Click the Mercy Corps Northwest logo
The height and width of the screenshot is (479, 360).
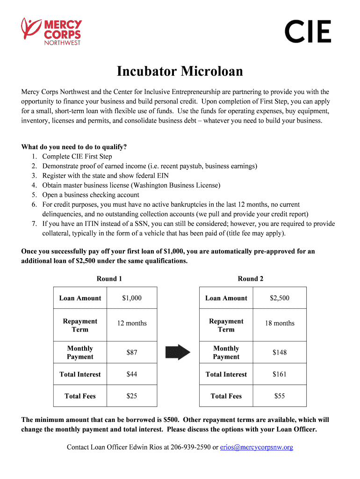tap(51, 31)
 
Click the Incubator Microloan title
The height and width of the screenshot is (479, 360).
tap(180, 72)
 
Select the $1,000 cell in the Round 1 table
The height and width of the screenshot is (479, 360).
tap(132, 298)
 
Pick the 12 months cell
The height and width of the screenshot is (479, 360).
tap(132, 323)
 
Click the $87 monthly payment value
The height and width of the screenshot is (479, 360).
tap(132, 352)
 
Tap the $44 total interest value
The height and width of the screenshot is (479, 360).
tap(132, 374)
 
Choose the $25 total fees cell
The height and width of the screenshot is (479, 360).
tap(132, 396)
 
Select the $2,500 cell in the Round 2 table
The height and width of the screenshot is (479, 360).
tap(280, 298)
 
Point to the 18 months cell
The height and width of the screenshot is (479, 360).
tap(280, 323)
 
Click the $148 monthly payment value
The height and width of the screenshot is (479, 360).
tap(280, 352)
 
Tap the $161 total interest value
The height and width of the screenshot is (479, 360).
tap(280, 374)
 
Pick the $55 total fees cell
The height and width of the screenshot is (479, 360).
tap(280, 396)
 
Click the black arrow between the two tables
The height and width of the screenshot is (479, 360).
tap(178, 352)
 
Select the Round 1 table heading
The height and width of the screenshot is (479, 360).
tap(109, 279)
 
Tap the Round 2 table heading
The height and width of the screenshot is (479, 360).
tap(251, 279)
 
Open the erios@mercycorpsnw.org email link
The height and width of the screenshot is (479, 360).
tap(257, 447)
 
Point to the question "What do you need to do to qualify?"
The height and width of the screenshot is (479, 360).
tap(74, 147)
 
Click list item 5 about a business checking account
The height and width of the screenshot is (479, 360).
tap(91, 195)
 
